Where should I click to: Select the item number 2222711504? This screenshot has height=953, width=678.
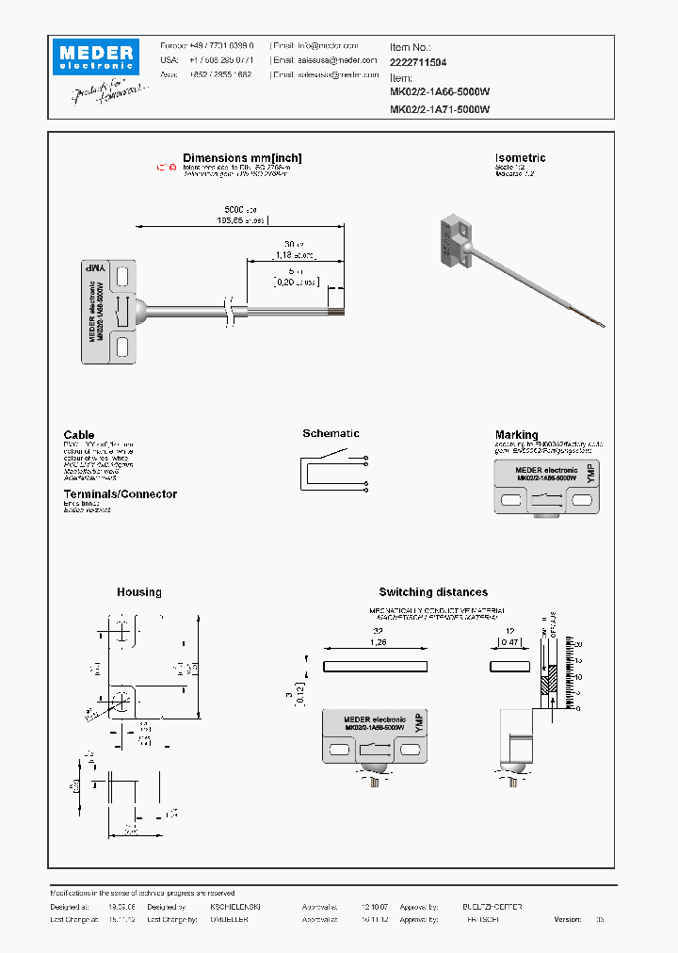point(418,62)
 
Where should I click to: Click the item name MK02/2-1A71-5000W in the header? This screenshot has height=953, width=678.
point(440,109)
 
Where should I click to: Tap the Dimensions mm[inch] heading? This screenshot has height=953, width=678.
point(242,158)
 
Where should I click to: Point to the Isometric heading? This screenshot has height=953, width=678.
point(520,158)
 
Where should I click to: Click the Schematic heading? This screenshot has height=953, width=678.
point(331,433)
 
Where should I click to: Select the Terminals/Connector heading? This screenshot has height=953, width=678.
point(120,494)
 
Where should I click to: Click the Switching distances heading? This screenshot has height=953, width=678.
point(433,592)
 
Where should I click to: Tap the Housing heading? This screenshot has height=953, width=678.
point(138,592)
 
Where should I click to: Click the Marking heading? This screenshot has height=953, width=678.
point(516,435)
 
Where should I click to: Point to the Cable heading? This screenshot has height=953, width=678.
point(79,435)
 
